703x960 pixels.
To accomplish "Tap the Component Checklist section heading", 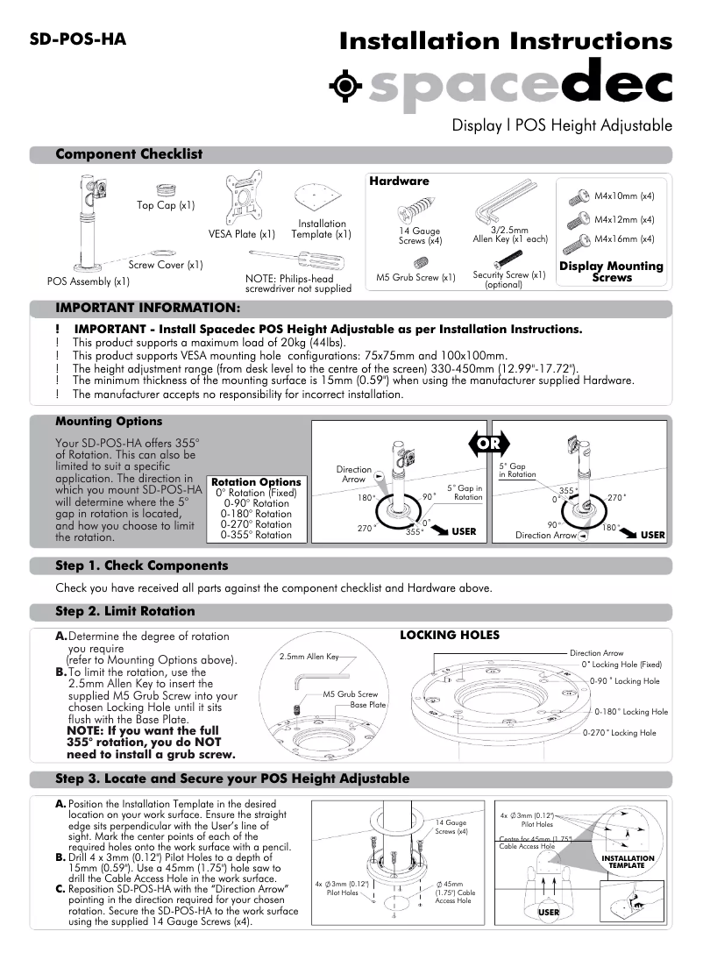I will pyautogui.click(x=129, y=154).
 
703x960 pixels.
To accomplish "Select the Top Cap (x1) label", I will pyautogui.click(x=166, y=205).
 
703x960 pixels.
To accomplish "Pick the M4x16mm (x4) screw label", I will pyautogui.click(x=624, y=238).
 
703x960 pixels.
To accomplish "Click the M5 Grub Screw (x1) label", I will pyautogui.click(x=415, y=278).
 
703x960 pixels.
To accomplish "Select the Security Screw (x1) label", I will pyautogui.click(x=509, y=274).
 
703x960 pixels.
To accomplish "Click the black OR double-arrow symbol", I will pyautogui.click(x=489, y=443).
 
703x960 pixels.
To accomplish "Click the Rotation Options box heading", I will pyautogui.click(x=256, y=482).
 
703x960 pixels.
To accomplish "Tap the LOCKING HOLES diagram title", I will pyautogui.click(x=450, y=634).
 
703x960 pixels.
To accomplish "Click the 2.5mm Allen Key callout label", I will pyautogui.click(x=309, y=656).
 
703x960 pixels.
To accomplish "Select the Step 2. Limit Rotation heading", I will pyautogui.click(x=124, y=610).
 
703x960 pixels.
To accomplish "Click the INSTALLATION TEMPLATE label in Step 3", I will pyautogui.click(x=628, y=862).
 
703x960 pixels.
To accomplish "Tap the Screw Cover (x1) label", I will pyautogui.click(x=166, y=264).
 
